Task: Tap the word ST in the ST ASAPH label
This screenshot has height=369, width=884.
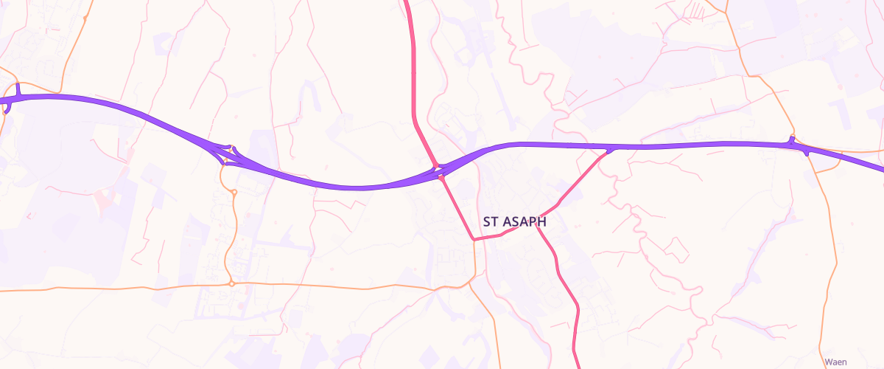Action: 491,221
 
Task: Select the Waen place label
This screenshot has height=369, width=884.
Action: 835,362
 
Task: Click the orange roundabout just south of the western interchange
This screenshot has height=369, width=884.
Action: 234,193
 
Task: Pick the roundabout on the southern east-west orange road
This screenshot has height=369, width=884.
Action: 231,283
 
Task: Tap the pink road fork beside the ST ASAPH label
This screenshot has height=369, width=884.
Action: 538,225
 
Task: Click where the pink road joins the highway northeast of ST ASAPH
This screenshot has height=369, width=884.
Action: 611,150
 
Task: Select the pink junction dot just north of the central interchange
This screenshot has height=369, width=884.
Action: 436,165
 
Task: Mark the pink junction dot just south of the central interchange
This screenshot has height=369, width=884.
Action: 441,177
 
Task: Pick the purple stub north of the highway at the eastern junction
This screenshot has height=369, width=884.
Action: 791,139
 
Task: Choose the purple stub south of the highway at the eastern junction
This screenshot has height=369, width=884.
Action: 808,152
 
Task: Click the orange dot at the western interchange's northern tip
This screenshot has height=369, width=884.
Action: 231,148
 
